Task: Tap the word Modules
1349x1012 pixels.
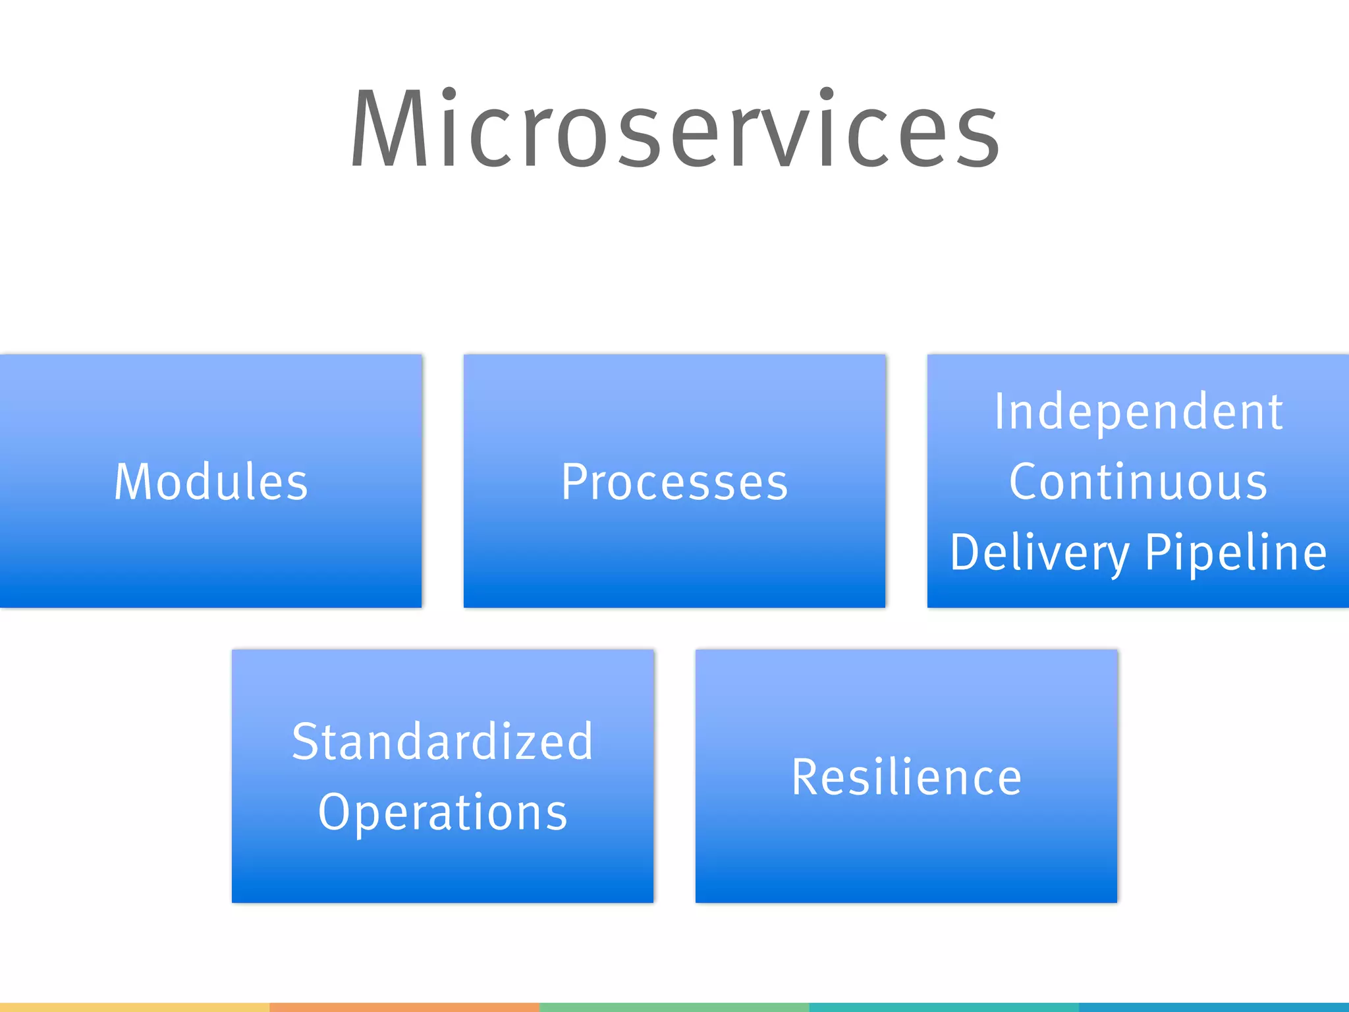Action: click(x=211, y=482)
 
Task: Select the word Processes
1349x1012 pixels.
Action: click(x=674, y=482)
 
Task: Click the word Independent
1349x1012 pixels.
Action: click(x=1138, y=412)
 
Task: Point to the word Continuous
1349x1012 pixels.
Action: click(x=1138, y=482)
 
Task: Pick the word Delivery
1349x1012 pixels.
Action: click(x=1039, y=552)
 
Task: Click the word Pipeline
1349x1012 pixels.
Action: click(x=1236, y=552)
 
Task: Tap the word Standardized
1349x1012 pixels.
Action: click(x=443, y=742)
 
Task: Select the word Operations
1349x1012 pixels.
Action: click(x=443, y=812)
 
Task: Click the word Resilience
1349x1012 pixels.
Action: click(x=906, y=777)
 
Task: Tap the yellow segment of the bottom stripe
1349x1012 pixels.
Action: click(x=134, y=1007)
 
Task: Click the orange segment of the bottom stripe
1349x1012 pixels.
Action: click(x=404, y=1007)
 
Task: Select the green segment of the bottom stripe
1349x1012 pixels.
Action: click(x=674, y=1007)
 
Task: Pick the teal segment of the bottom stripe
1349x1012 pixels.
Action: click(x=944, y=1007)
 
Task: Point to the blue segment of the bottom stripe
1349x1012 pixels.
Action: click(x=1214, y=1007)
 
